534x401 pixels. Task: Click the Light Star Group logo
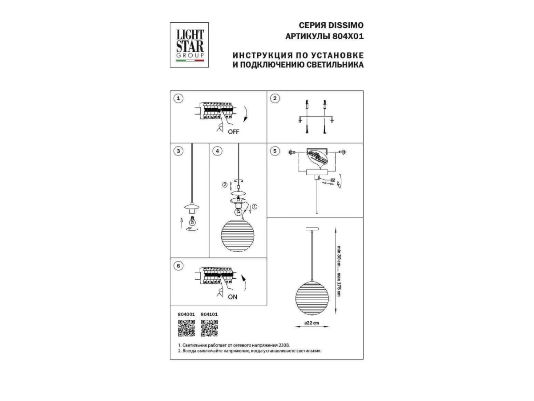pos(189,45)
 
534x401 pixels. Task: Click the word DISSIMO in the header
pos(346,25)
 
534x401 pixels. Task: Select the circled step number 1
pos(178,98)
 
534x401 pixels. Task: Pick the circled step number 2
pos(275,98)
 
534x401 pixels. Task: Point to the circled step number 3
pos(178,151)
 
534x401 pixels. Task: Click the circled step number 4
pos(217,151)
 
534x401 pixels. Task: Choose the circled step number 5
pos(275,151)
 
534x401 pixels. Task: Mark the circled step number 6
pos(178,266)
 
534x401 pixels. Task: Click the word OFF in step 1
pos(233,132)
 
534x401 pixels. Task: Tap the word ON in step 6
pos(232,297)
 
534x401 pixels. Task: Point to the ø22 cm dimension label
pos(311,323)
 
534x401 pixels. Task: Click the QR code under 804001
pos(186,328)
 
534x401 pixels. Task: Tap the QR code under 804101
pos(209,328)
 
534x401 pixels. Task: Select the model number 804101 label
pos(209,314)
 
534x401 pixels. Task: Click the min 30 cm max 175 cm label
pos(339,271)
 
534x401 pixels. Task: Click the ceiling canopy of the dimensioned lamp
pos(312,229)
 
